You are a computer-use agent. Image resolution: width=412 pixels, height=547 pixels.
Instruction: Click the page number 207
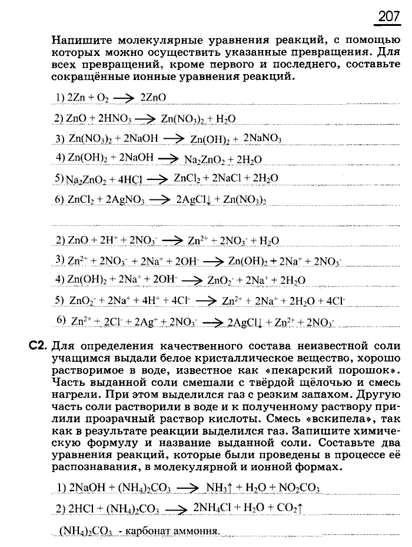point(388,16)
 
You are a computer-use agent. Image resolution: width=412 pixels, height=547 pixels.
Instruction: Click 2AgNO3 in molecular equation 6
point(125,199)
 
